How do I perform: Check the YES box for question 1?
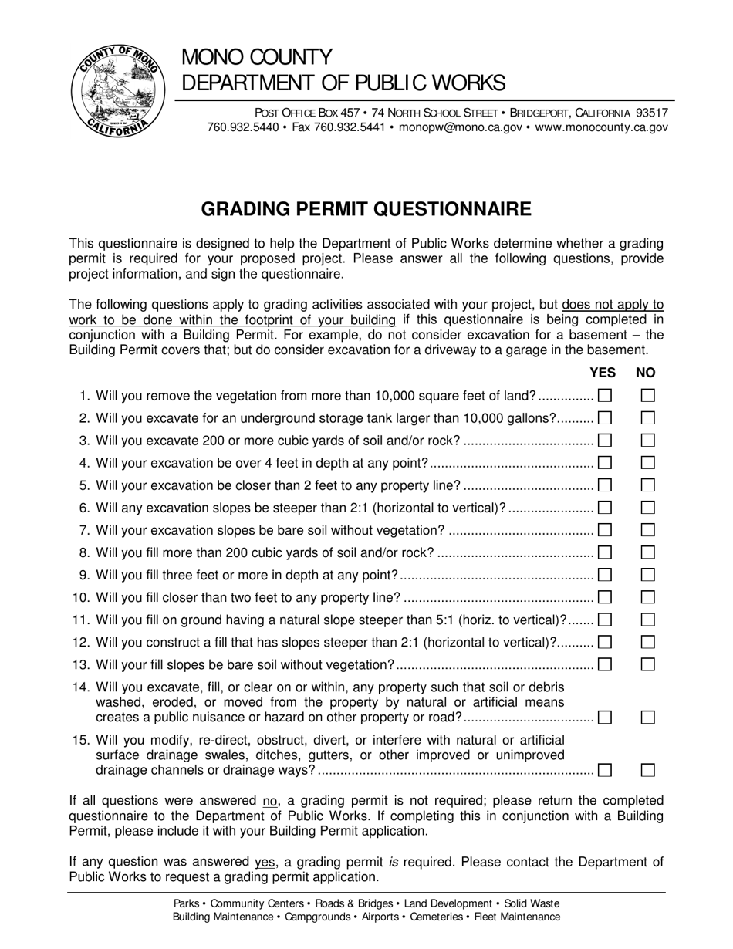[x=605, y=396]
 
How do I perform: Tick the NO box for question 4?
[x=648, y=463]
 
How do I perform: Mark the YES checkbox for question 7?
[x=605, y=530]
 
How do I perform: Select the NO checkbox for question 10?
[x=648, y=597]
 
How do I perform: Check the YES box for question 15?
[x=605, y=770]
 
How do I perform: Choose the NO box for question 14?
[x=648, y=718]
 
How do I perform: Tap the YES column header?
[x=603, y=373]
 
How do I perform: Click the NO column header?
[x=646, y=373]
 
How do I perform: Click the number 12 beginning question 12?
[x=81, y=642]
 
